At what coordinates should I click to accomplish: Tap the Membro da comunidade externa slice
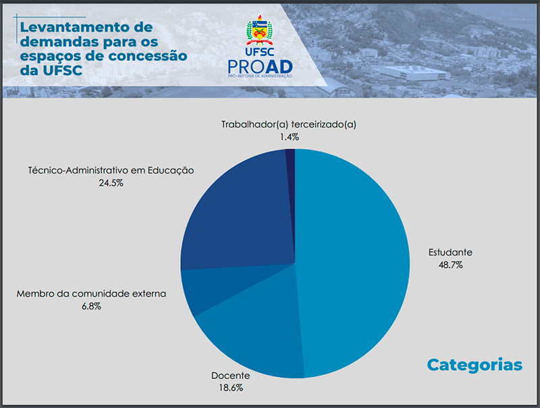pyautogui.click(x=213, y=286)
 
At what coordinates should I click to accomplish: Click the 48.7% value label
pyautogui.click(x=450, y=265)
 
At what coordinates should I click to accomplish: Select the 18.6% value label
pyautogui.click(x=231, y=388)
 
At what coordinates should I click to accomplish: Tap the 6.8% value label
pyautogui.click(x=91, y=306)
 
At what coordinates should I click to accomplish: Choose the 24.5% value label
pyautogui.click(x=111, y=182)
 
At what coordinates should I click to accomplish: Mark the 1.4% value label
pyautogui.click(x=290, y=137)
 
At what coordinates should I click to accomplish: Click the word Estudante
pyautogui.click(x=450, y=252)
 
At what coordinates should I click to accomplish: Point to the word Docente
pyautogui.click(x=231, y=376)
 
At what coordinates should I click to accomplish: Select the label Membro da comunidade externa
pyautogui.click(x=91, y=294)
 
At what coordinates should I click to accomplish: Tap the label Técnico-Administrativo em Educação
pyautogui.click(x=111, y=170)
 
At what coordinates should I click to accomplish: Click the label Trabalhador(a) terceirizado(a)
pyautogui.click(x=289, y=124)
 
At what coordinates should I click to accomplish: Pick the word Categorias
pyautogui.click(x=475, y=365)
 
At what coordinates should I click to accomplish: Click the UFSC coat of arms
pyautogui.click(x=259, y=30)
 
